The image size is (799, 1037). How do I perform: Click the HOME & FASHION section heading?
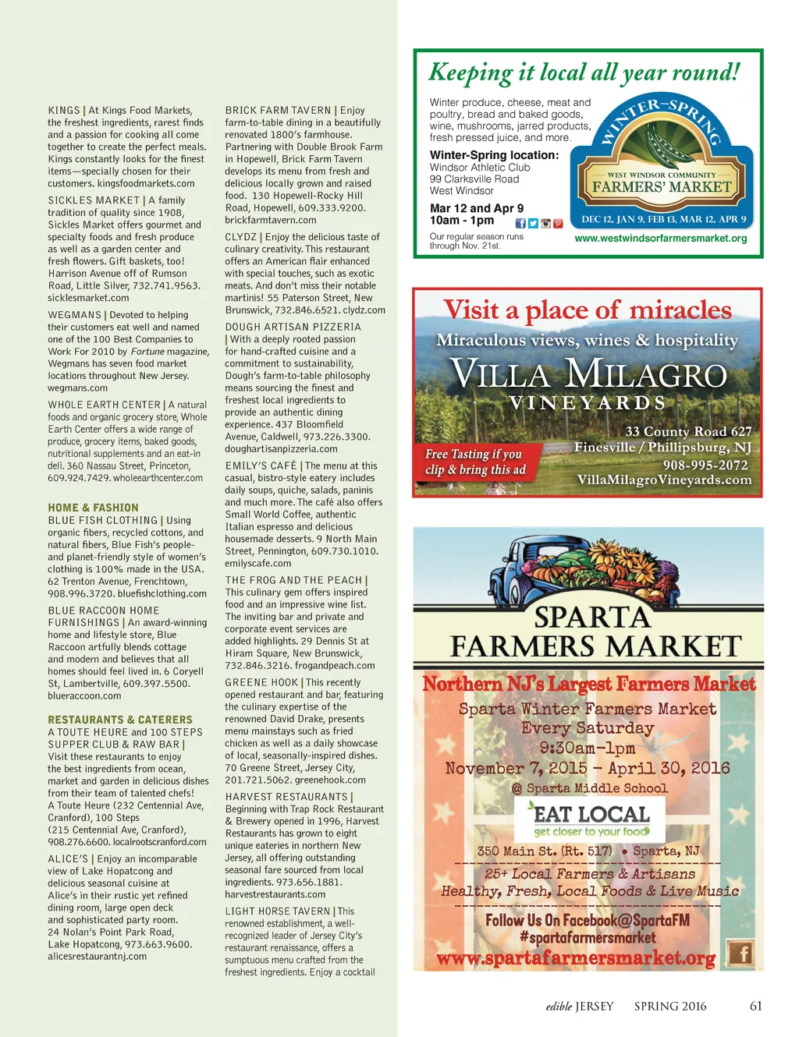point(93,508)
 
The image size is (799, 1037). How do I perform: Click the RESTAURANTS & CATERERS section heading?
point(119,720)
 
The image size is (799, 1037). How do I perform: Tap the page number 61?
point(755,1006)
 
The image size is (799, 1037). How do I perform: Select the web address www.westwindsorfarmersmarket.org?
point(660,239)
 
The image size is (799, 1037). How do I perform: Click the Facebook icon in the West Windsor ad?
point(520,224)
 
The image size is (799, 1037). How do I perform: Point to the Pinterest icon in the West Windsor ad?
point(558,224)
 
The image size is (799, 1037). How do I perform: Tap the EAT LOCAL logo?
point(591,819)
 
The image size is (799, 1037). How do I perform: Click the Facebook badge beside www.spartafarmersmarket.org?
point(740,953)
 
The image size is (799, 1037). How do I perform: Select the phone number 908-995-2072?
point(705,465)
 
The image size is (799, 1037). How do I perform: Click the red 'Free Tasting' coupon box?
point(475,462)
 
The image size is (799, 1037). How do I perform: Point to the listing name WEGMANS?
point(74,315)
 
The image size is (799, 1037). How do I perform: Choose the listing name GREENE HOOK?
point(261,682)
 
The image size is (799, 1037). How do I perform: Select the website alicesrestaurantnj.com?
point(97,956)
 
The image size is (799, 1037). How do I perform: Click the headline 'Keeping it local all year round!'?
point(584,73)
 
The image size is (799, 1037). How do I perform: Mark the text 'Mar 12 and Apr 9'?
point(477,208)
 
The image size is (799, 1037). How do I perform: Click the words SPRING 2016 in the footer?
point(669,1006)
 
